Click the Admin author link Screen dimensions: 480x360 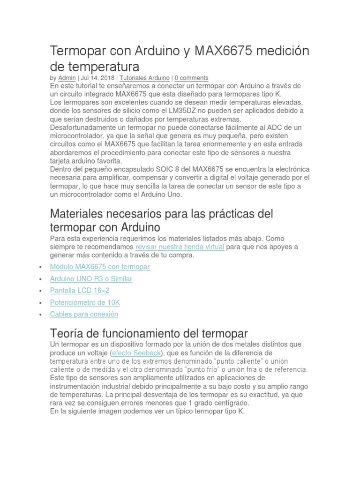point(67,78)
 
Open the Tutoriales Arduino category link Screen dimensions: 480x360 point(145,78)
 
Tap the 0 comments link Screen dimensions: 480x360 point(192,78)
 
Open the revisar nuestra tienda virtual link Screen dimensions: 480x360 point(180,247)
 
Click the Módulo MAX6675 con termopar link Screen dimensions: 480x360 point(99,267)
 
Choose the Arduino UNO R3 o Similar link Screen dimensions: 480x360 point(91,279)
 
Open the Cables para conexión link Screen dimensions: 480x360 point(84,315)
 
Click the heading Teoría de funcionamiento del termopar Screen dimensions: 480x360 point(149,334)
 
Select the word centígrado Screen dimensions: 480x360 point(226,403)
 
